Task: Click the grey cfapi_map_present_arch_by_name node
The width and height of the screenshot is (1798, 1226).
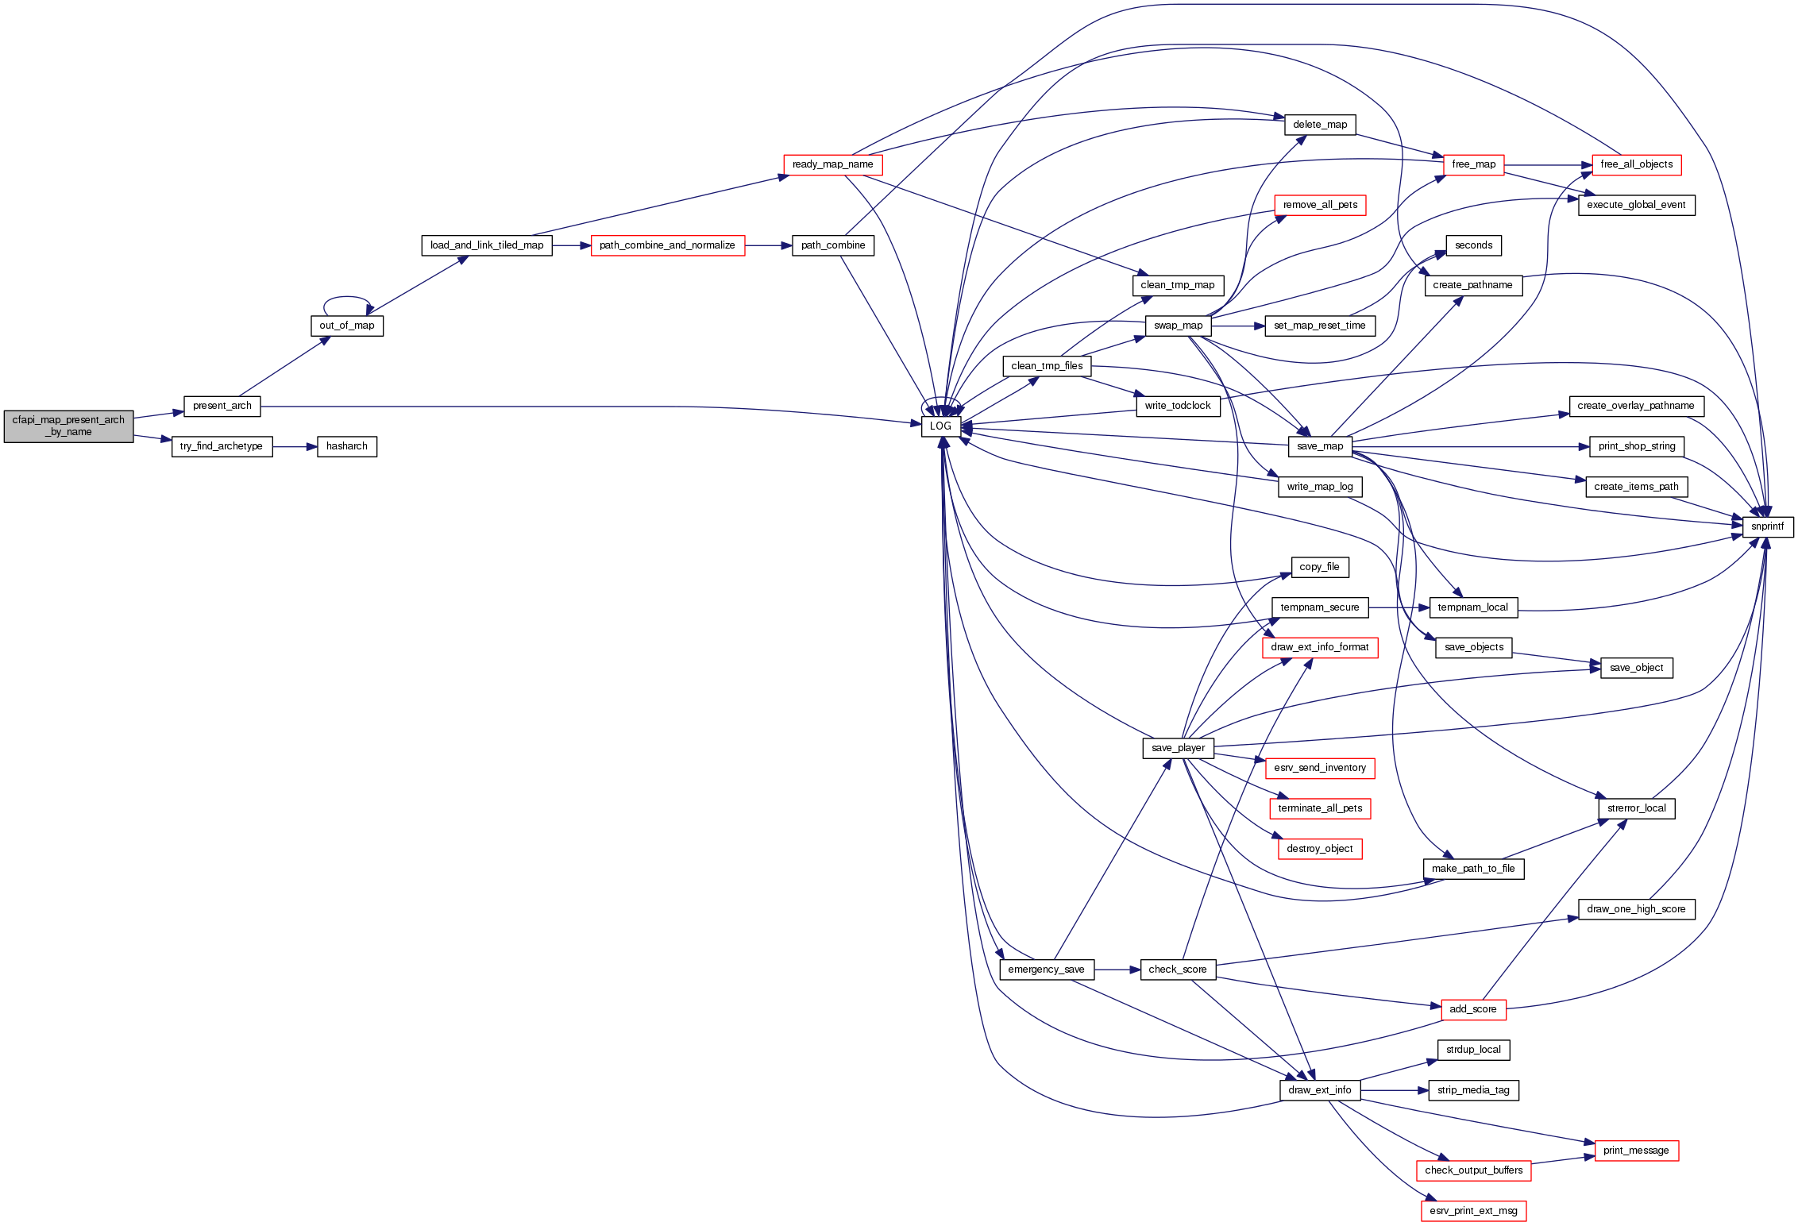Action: tap(68, 426)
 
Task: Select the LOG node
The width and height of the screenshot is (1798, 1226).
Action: tap(940, 426)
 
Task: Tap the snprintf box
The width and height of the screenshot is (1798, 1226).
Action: tap(1767, 526)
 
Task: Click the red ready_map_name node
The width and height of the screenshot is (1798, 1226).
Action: tap(832, 164)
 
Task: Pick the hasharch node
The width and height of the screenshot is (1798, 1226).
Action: tap(346, 446)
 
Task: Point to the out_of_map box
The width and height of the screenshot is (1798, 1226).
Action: tap(346, 326)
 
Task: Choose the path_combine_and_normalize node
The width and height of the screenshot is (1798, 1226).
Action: tap(667, 245)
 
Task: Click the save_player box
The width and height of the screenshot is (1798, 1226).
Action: tap(1178, 748)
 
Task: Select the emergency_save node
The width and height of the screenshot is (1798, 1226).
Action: tap(1046, 970)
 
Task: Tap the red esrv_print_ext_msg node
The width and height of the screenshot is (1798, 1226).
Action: tap(1473, 1211)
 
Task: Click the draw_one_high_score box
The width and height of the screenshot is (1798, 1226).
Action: tap(1636, 909)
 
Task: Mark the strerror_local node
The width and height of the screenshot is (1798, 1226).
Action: tap(1636, 808)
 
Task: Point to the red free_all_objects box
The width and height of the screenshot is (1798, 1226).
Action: tap(1636, 164)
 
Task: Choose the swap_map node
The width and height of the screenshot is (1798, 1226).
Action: tap(1178, 326)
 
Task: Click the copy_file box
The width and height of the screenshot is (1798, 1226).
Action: tap(1319, 567)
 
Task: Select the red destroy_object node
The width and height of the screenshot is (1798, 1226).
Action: tap(1319, 849)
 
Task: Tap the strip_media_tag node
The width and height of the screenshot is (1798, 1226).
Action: tap(1473, 1090)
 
